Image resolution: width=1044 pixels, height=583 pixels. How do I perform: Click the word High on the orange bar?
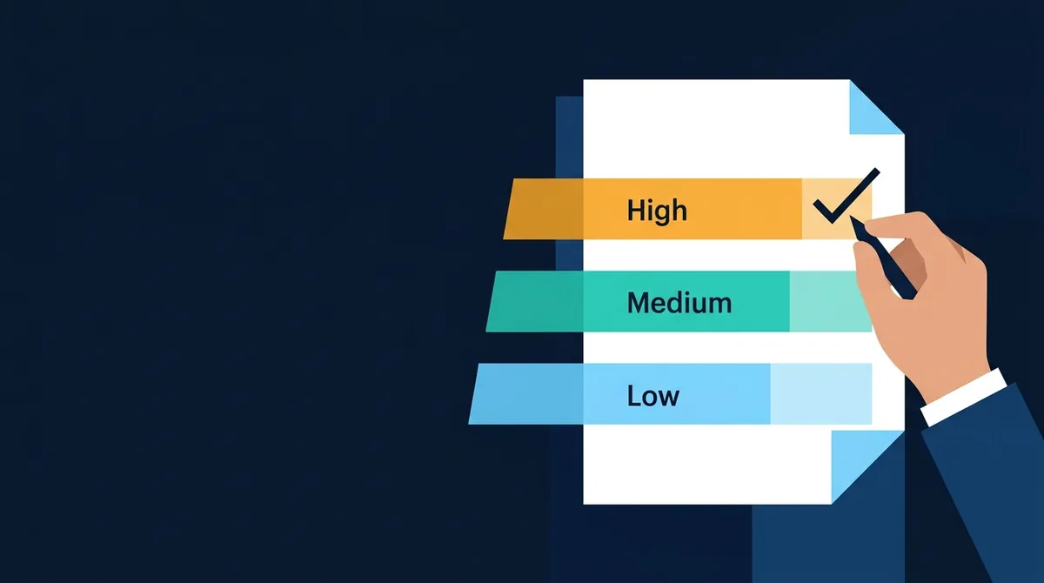pos(657,211)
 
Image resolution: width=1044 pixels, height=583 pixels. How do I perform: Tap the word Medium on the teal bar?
pos(679,303)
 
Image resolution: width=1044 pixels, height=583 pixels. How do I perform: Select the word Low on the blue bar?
pos(653,396)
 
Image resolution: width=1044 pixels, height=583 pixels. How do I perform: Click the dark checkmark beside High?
pos(846,196)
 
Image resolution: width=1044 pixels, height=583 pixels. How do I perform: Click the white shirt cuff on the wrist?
pos(964,397)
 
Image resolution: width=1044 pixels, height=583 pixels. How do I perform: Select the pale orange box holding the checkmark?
pos(836,209)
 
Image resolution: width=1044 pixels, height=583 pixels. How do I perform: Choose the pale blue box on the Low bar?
pos(820,394)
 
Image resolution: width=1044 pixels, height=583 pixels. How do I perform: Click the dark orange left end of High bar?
pos(544,209)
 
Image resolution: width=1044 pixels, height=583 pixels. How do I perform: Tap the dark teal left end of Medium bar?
pos(534,302)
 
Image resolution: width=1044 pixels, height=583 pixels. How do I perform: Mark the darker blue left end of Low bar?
pos(525,394)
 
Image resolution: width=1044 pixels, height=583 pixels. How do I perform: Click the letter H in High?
pos(635,211)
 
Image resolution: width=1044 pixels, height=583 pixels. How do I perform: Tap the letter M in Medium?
pos(639,303)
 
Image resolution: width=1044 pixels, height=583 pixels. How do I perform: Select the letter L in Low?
pos(634,396)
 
